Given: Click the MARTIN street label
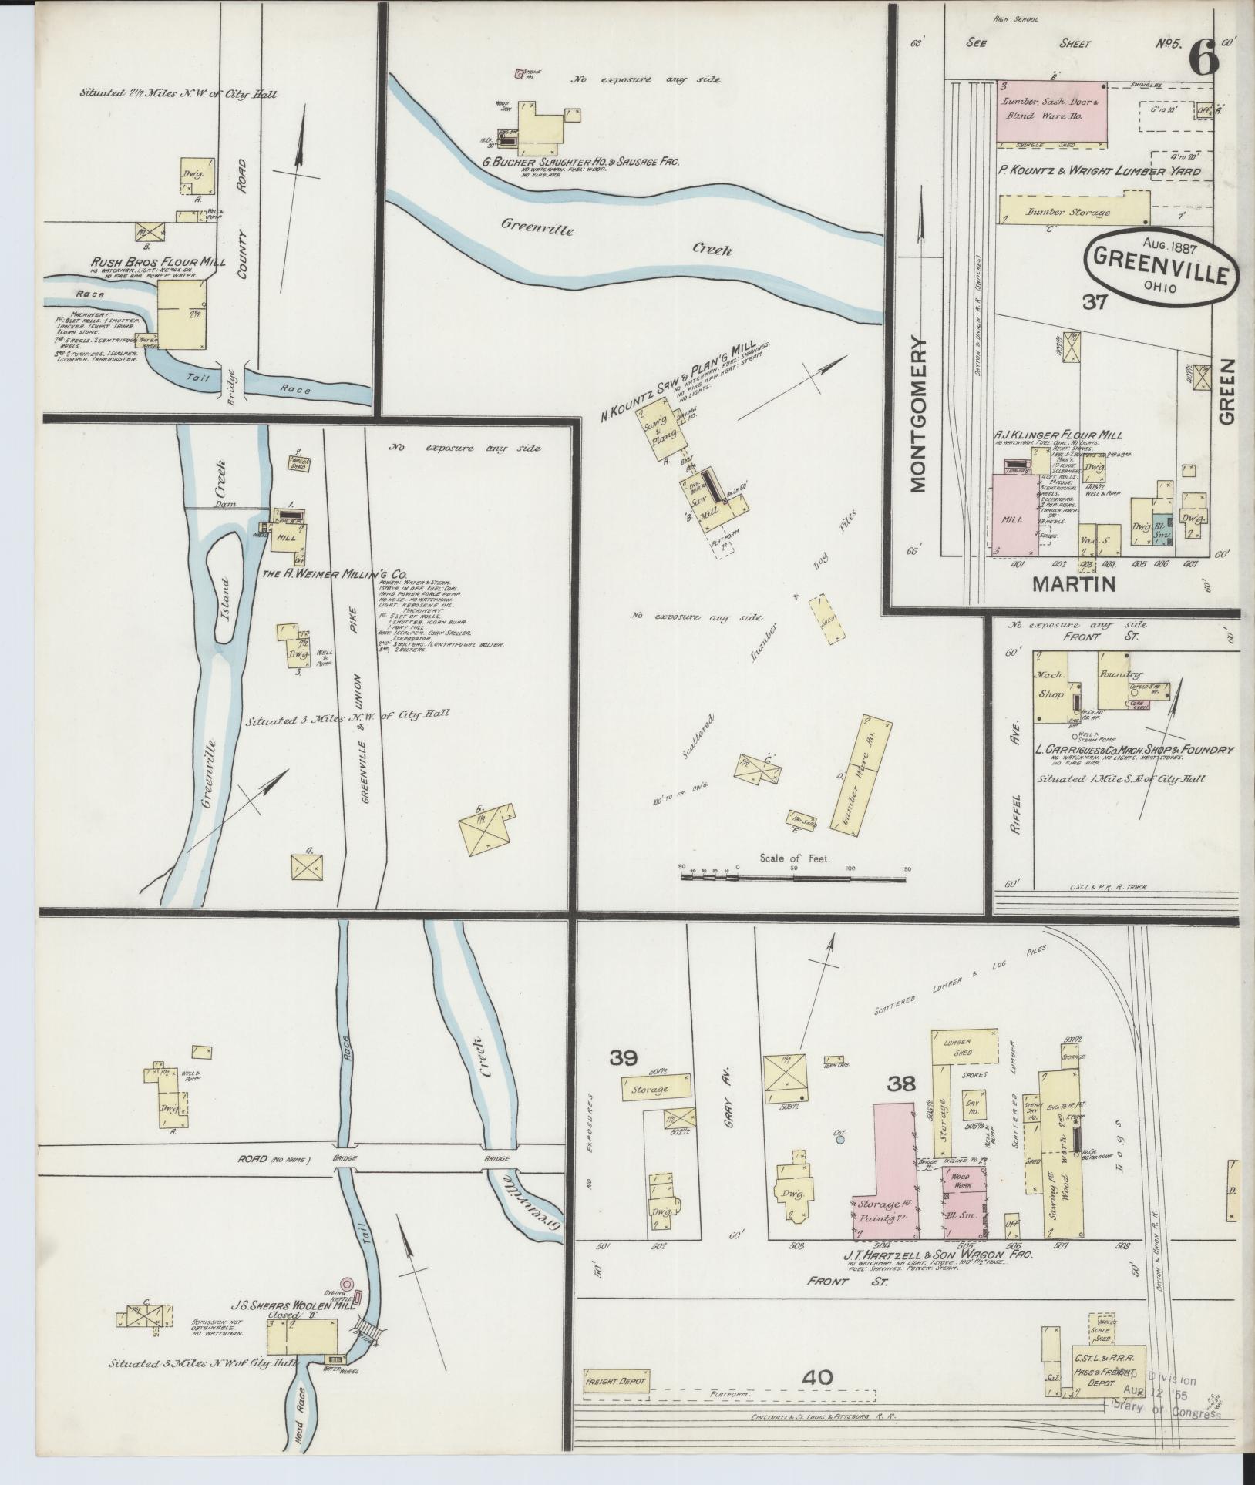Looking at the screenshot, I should [1074, 584].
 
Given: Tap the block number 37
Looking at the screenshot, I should [1095, 303].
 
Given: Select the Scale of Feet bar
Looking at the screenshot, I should [793, 878].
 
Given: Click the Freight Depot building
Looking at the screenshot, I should [617, 1378].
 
